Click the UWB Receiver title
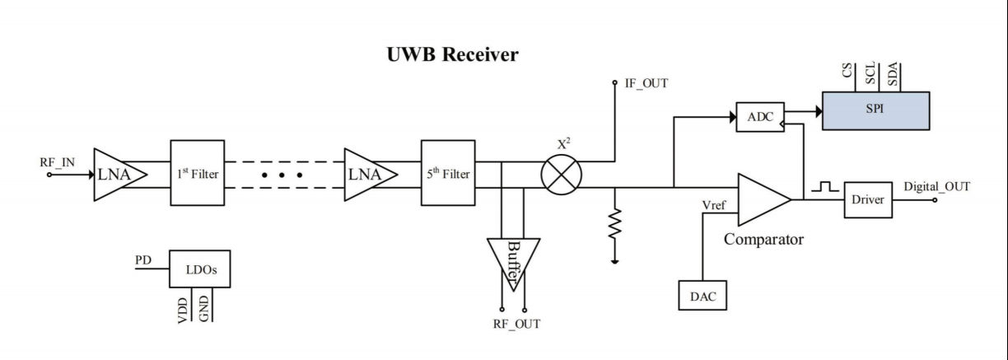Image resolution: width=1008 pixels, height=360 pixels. click(452, 55)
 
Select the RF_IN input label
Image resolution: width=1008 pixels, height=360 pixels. click(56, 162)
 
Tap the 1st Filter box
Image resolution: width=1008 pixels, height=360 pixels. click(198, 174)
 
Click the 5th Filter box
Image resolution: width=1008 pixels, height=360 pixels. click(448, 174)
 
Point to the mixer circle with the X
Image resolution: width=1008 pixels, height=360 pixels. click(561, 174)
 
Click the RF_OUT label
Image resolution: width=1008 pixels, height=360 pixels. click(516, 324)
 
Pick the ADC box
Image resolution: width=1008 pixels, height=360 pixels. click(759, 117)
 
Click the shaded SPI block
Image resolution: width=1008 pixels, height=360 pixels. click(875, 110)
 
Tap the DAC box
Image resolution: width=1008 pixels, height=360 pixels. click(702, 295)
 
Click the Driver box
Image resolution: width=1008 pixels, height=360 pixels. click(868, 200)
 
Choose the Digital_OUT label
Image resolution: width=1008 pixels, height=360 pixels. click(936, 187)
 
